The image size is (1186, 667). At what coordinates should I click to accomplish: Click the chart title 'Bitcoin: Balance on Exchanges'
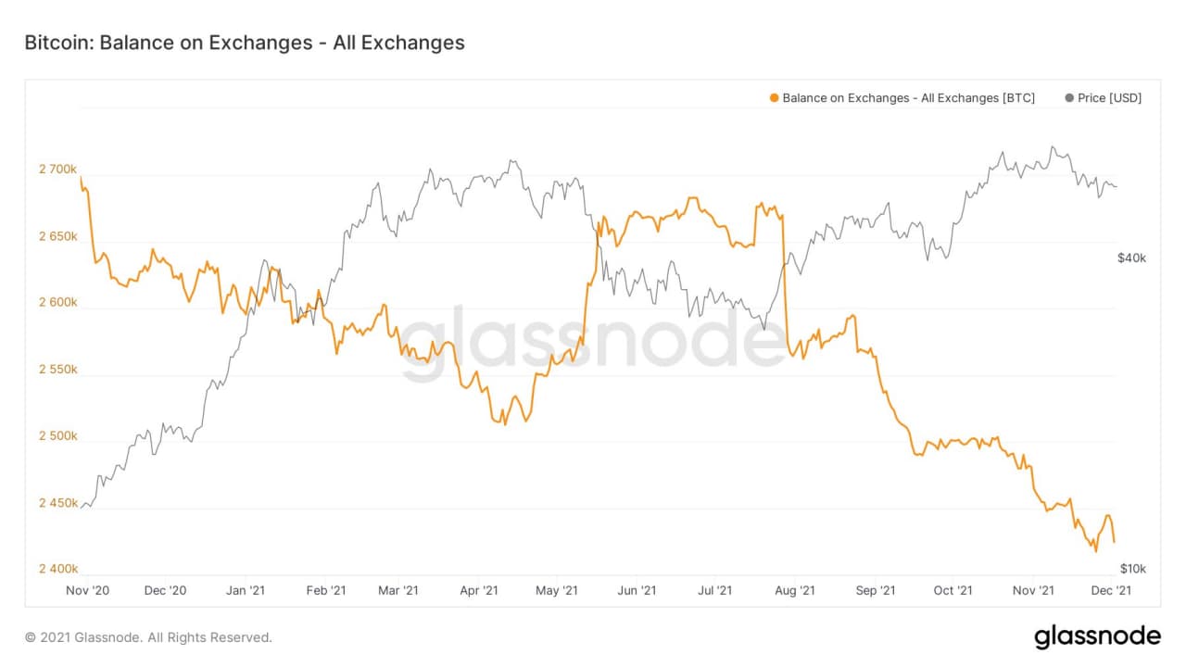coord(244,43)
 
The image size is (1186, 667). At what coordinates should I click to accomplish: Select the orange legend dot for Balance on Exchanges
coord(774,97)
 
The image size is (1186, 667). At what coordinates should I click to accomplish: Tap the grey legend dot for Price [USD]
coord(1070,97)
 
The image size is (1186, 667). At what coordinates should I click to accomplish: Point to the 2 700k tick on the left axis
coord(57,170)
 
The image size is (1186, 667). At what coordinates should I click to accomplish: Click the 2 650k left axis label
coord(57,236)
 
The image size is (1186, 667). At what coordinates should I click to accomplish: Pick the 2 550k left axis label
coord(57,370)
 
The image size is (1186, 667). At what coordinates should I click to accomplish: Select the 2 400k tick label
coord(57,569)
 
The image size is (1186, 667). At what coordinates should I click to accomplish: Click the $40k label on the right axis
coord(1131,258)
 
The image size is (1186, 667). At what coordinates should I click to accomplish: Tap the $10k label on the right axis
coord(1131,569)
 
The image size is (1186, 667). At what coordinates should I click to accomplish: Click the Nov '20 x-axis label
coord(88,590)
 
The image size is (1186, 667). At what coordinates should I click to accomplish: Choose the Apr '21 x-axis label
coord(480,590)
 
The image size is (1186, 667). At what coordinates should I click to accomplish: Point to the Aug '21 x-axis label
coord(794,590)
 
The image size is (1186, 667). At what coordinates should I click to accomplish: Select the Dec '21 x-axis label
coord(1109,590)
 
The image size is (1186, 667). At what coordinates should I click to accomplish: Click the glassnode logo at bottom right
coord(1097,637)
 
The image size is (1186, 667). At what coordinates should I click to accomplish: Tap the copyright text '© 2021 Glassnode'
coord(148,637)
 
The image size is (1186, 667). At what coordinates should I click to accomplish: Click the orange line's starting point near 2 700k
coord(81,177)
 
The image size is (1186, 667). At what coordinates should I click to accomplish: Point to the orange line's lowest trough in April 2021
coord(504,424)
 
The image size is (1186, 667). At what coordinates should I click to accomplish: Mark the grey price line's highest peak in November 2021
coord(1052,146)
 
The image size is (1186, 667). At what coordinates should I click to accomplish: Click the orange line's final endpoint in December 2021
coord(1114,542)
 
